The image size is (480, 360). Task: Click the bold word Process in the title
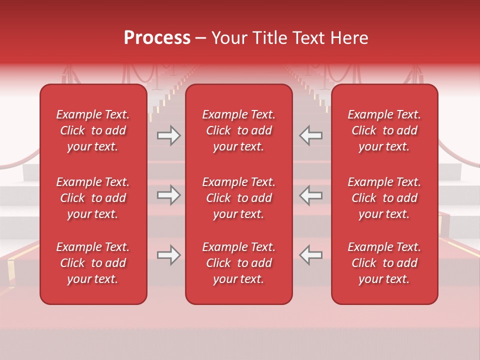157,38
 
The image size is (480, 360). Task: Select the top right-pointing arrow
169,135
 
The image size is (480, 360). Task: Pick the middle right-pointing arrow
169,195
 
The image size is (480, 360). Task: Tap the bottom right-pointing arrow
169,255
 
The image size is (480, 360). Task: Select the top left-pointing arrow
310,135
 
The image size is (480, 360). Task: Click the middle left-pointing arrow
310,195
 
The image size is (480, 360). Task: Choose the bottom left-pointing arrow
310,255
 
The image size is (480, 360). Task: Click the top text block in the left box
93,130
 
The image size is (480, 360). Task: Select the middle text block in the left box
93,198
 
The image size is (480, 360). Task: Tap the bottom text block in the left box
93,263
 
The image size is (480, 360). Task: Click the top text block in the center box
239,130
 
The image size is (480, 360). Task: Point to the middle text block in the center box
239,198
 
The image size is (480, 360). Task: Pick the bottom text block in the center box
239,263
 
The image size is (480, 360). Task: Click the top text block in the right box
384,130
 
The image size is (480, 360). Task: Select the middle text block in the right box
384,198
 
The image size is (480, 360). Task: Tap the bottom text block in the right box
384,263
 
